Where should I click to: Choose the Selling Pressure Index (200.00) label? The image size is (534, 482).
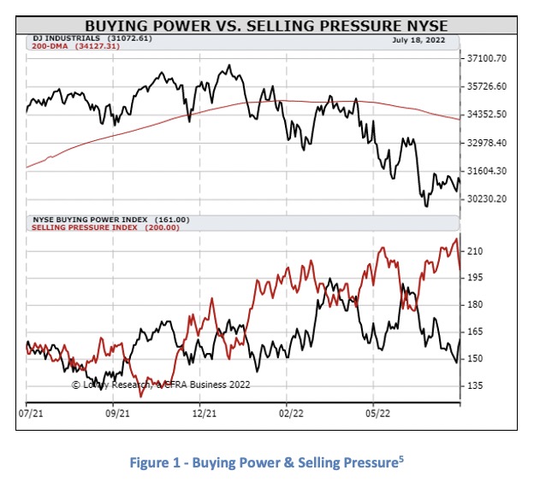105,228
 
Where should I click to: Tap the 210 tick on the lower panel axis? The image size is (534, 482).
476,251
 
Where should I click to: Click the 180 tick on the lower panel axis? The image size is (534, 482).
476,305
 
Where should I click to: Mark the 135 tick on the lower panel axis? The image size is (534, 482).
476,386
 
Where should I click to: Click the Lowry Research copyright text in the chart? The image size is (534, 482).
161,385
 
